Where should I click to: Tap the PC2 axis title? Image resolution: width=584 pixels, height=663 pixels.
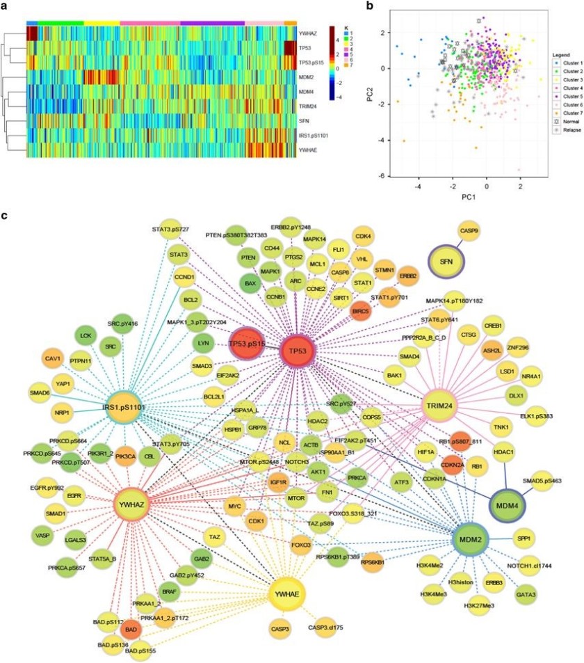[376, 92]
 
